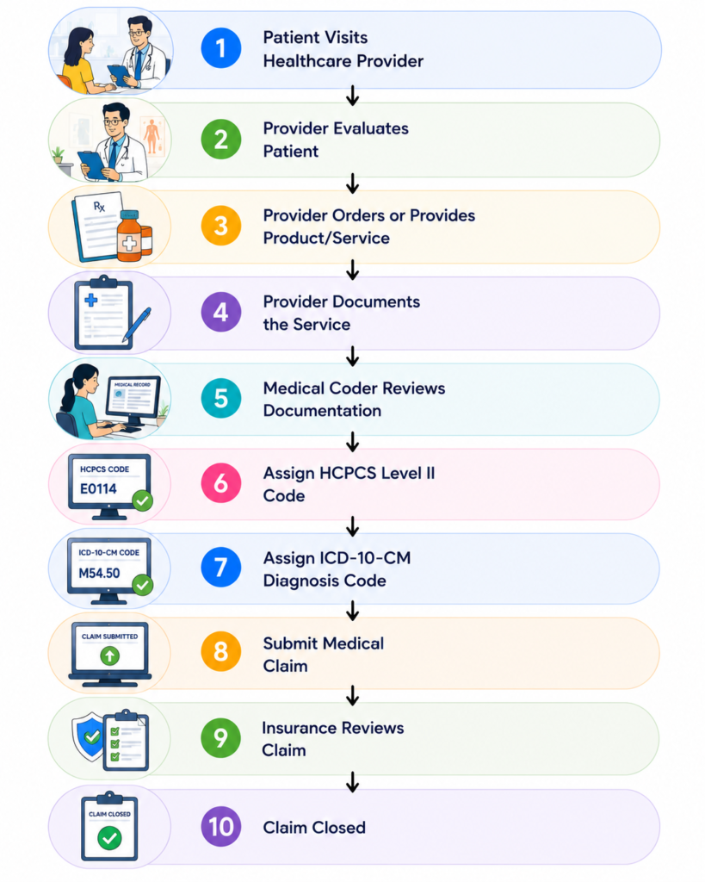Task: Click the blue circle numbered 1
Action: coord(221,48)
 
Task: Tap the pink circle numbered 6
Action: coord(221,483)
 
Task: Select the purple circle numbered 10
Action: coord(221,826)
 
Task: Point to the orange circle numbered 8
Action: coord(221,651)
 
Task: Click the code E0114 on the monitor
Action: coord(98,489)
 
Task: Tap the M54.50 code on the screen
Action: coord(99,573)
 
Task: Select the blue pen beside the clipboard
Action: coord(137,326)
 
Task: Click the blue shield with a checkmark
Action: coord(89,736)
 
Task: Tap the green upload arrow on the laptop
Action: coord(109,655)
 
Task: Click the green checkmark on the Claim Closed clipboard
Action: coord(109,838)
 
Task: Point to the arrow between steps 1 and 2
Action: coord(353,96)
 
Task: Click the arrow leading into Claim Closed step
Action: coord(353,782)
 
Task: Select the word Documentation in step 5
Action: coord(322,411)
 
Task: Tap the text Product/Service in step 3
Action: coord(326,238)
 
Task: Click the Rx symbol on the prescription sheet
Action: coord(99,207)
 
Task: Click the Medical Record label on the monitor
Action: coord(133,385)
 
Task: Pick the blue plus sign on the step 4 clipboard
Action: coord(91,300)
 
